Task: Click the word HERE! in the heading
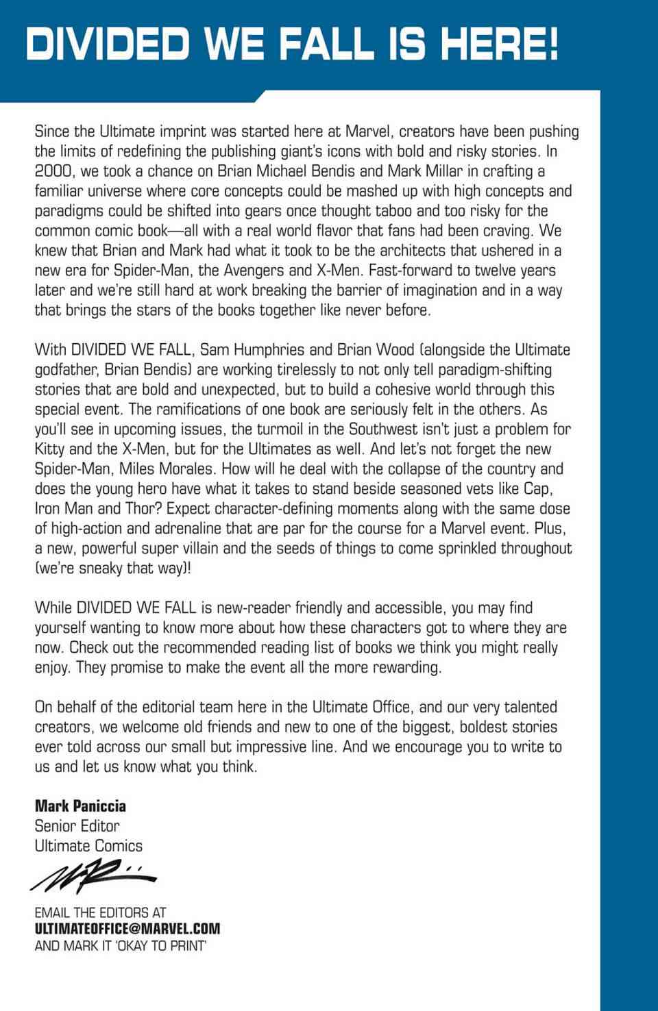499,45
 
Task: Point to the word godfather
66,370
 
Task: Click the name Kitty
50,449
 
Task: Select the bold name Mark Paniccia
80,806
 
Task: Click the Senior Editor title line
77,826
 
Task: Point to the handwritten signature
93,877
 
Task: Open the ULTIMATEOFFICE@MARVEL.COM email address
127,929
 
